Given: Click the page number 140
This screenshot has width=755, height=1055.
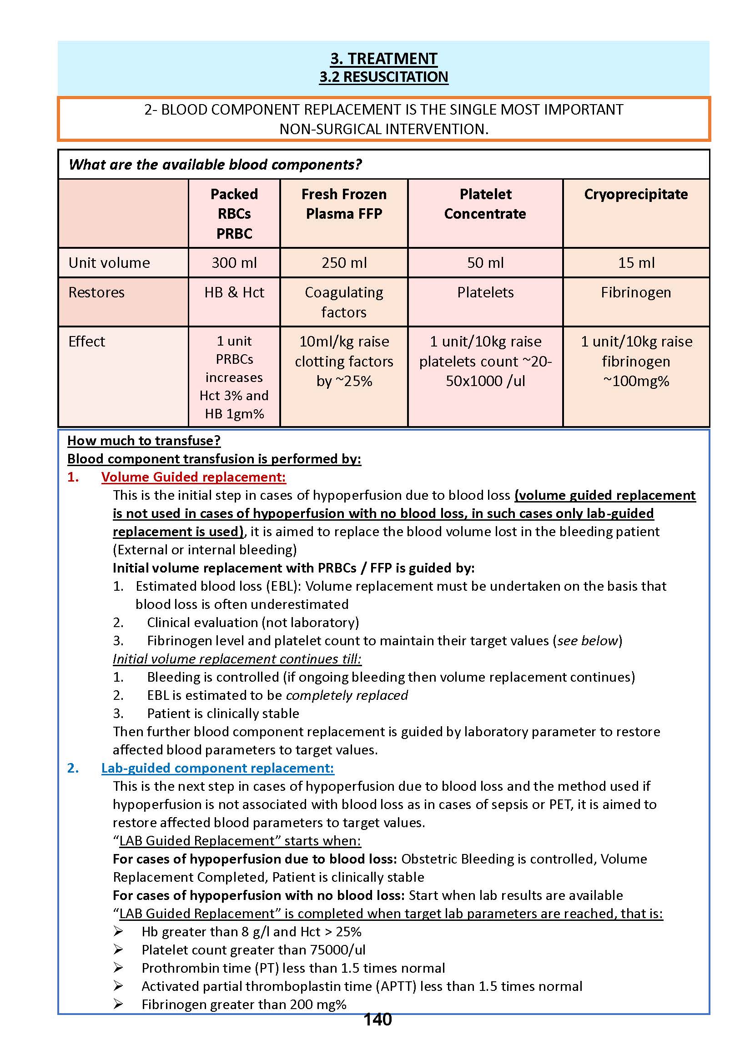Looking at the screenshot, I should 377,1019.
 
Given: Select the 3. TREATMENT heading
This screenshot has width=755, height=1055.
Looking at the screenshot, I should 383,59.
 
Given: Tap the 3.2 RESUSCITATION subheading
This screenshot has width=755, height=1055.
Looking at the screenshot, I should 383,77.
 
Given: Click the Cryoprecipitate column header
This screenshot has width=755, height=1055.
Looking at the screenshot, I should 635,194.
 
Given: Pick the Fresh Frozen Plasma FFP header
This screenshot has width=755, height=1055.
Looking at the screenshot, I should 343,204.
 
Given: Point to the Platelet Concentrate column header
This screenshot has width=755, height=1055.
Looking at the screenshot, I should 485,204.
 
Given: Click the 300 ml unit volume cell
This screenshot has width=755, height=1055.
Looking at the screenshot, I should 234,262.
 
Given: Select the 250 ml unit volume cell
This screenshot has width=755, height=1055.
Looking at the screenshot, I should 343,262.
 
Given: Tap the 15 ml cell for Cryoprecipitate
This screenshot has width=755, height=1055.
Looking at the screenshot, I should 635,262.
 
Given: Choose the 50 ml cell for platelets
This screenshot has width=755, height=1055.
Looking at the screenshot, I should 485,262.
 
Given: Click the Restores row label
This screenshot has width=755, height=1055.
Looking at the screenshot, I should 96,292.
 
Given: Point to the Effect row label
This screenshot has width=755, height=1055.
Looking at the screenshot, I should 86,342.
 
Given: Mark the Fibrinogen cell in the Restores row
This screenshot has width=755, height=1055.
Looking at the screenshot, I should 635,292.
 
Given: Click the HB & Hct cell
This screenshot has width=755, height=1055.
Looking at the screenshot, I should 234,292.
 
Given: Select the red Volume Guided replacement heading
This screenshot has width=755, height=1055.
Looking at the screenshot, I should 193,477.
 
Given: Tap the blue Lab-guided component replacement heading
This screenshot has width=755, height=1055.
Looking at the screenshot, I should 217,768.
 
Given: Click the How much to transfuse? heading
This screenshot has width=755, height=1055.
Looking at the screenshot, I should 144,441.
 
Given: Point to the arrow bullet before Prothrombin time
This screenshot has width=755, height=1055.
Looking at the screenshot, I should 118,968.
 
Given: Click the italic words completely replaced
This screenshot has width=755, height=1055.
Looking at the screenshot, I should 347,695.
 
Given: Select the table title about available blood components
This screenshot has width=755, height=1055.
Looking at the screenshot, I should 215,165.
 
